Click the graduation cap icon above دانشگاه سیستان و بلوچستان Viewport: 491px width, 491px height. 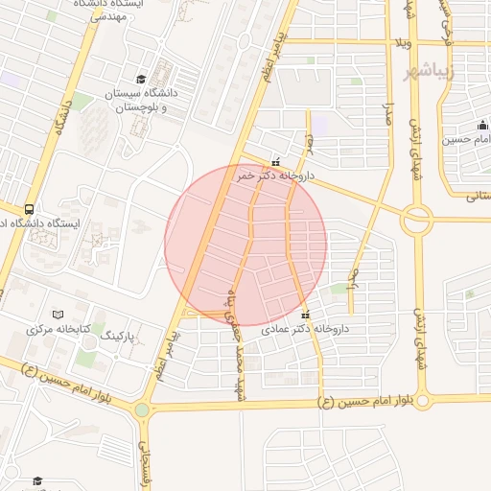point(141,79)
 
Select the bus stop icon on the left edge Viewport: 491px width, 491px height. point(29,208)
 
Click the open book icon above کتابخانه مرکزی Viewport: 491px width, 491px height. point(58,315)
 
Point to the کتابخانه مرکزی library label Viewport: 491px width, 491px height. point(58,330)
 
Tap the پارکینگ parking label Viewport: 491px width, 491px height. point(121,337)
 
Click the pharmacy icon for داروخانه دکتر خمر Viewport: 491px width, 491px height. point(276,162)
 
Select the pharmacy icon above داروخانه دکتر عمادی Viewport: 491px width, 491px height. point(306,315)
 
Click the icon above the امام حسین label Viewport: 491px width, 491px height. point(482,126)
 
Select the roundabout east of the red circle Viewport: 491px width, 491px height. point(417,221)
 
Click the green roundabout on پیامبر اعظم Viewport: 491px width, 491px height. point(142,409)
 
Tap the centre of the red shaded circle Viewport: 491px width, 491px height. point(245,245)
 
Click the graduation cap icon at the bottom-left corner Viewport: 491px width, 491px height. point(37,480)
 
